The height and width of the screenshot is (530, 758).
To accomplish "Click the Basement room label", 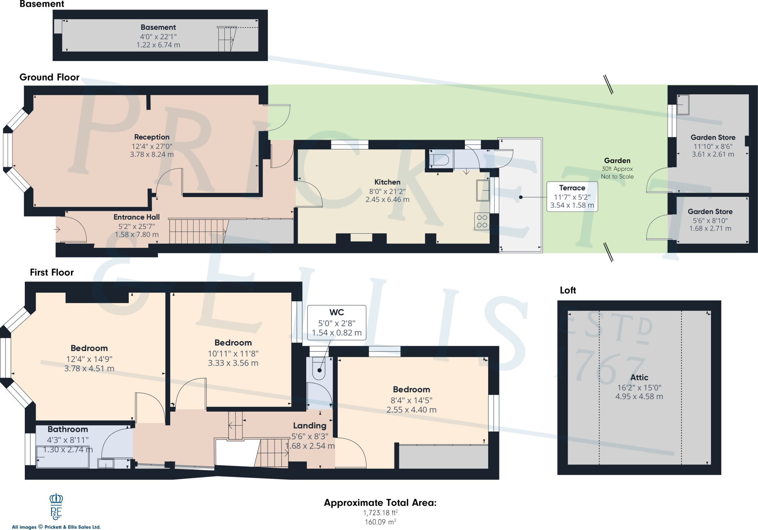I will point(158,27).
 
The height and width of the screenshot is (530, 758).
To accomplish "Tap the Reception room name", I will point(152,137).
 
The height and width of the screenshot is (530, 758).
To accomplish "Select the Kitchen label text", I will point(387,182).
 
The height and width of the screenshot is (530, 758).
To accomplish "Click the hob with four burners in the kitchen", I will point(482,221).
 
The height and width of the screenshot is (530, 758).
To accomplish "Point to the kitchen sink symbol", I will point(483,190).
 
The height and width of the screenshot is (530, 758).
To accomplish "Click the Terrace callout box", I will point(572,196).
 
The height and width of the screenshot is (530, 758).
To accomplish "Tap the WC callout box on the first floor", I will point(336,323).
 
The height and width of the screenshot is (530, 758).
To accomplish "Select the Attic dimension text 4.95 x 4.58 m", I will point(639,396).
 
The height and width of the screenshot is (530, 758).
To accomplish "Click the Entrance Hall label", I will point(137,217).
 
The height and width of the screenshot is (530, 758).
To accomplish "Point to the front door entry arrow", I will point(57,230).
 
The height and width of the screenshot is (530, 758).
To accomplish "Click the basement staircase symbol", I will point(227,39).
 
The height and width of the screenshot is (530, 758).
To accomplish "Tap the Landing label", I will point(310,426).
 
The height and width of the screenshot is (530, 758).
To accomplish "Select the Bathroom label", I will point(68,429).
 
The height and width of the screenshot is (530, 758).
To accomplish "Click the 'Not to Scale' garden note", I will point(617,177).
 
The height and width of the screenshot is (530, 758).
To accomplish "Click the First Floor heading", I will point(52,273).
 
